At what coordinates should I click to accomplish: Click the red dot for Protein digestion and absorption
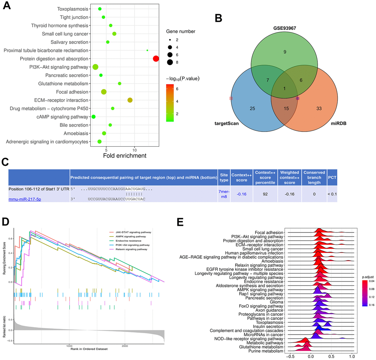(x=156, y=59)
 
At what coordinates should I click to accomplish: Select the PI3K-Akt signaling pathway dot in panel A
(x=95, y=67)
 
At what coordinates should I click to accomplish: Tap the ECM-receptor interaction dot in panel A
(x=130, y=100)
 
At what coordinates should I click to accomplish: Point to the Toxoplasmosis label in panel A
(x=73, y=9)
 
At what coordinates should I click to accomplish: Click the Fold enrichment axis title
(x=125, y=156)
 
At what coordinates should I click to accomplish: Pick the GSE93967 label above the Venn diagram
(x=284, y=28)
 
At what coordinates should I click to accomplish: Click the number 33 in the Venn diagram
(x=319, y=108)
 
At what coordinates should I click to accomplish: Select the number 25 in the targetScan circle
(x=252, y=108)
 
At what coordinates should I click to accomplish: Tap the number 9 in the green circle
(x=285, y=52)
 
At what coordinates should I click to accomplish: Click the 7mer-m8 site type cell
(x=224, y=192)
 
